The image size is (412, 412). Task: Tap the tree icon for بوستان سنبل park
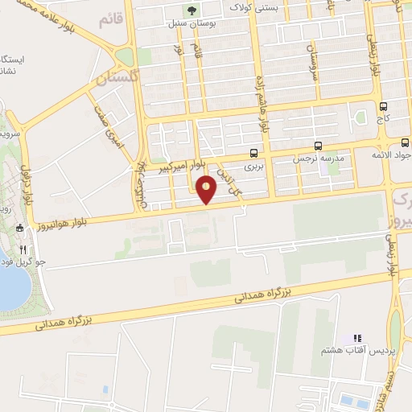[x=192, y=10]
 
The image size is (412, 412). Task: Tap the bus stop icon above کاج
[x=383, y=105]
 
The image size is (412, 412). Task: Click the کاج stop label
[x=383, y=118]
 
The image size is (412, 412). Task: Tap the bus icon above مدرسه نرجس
[x=319, y=146]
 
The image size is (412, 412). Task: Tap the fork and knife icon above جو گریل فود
[x=23, y=249]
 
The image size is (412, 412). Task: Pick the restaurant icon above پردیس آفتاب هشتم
[x=358, y=338]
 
